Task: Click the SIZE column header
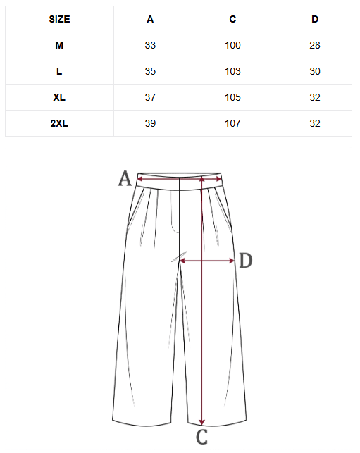pos(59,19)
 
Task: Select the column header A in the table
pos(150,19)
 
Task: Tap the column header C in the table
pos(232,19)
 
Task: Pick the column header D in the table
pos(315,19)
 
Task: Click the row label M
pos(59,45)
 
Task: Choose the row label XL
pos(59,97)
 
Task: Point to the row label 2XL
pos(59,123)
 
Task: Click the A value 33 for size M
pos(150,45)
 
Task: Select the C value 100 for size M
pos(232,45)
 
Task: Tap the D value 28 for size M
pos(315,45)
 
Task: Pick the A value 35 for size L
pos(150,71)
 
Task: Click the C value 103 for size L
pos(232,71)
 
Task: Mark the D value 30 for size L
pos(315,71)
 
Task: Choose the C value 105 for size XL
pos(232,97)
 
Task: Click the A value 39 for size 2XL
pos(150,123)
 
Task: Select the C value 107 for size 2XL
pos(232,123)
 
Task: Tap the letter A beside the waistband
pos(125,178)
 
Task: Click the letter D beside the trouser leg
pos(246,260)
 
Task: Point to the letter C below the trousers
pos(201,437)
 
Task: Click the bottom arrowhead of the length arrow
pos(202,423)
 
